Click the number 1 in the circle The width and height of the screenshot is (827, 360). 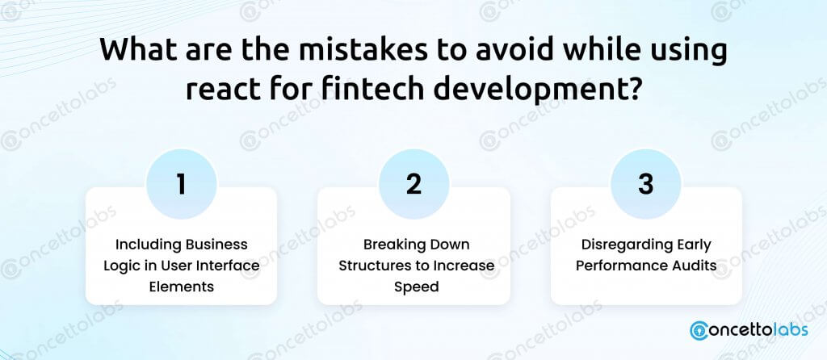coord(182,185)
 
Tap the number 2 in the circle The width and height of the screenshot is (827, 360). coord(414,185)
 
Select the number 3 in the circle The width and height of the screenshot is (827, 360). coord(645,185)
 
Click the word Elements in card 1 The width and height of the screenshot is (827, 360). coord(182,287)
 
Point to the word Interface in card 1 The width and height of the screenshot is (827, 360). coord(229,265)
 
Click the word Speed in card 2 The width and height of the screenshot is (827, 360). coord(417,288)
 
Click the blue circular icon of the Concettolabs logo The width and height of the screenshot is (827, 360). coord(700,330)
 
